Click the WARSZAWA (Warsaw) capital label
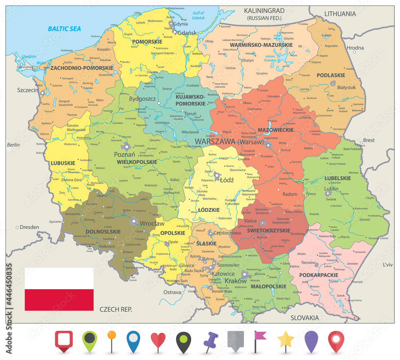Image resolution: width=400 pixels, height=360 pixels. pyautogui.click(x=229, y=141)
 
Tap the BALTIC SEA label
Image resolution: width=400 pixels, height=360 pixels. pyautogui.click(x=64, y=28)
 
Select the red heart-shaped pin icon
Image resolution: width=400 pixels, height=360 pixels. pyautogui.click(x=158, y=340)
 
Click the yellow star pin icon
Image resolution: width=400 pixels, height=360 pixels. pyautogui.click(x=286, y=340)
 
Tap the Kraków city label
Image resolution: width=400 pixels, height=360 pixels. pyautogui.click(x=236, y=281)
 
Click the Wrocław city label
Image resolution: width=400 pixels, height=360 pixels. pyautogui.click(x=152, y=223)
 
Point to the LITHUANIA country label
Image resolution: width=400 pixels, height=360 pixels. pyautogui.click(x=340, y=14)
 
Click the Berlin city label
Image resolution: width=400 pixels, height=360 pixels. pyautogui.click(x=13, y=145)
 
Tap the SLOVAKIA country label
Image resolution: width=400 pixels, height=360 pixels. pyautogui.click(x=305, y=318)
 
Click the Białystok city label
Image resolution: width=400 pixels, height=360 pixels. pyautogui.click(x=346, y=87)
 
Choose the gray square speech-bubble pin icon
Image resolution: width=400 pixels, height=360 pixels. pyautogui.click(x=235, y=340)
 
